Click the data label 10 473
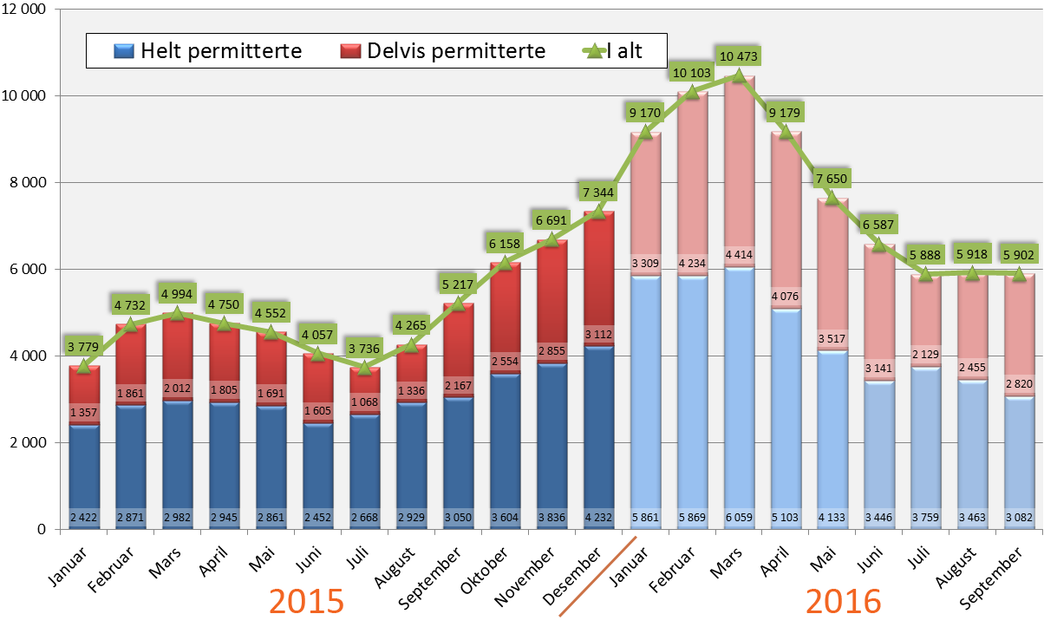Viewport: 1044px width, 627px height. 738,57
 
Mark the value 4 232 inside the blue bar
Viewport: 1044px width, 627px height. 598,519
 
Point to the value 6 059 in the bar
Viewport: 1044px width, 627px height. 738,519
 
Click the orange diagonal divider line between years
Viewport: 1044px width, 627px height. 598,577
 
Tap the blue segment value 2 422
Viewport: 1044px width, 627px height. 84,519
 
